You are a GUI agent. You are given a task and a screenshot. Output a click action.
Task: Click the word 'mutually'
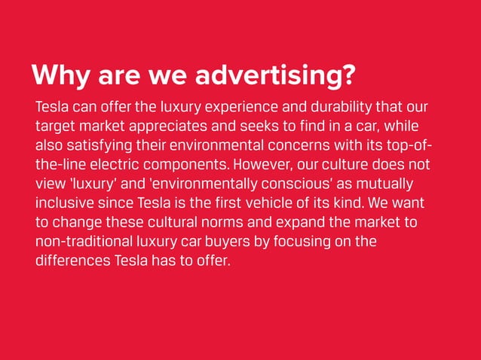391,185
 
